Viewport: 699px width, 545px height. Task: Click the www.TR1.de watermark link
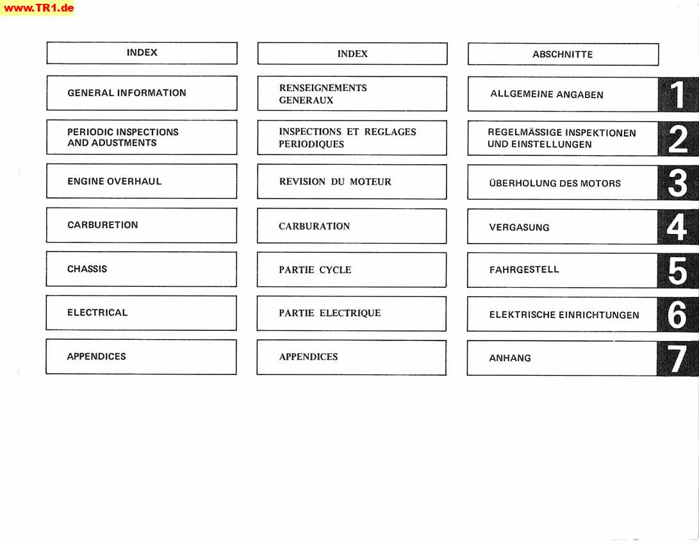(x=37, y=8)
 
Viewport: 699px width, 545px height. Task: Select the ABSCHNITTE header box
(x=563, y=55)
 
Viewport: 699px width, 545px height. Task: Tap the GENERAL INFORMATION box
(x=142, y=93)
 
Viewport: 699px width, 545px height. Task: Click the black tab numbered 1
(x=678, y=94)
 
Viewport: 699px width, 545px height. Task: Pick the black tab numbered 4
(x=677, y=227)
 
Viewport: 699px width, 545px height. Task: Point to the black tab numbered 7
(x=677, y=358)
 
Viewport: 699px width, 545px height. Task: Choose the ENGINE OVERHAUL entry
(x=115, y=181)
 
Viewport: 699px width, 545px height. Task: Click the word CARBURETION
(x=103, y=225)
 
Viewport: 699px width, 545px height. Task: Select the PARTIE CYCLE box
(x=352, y=270)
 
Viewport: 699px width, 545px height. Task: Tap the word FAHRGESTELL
(x=524, y=269)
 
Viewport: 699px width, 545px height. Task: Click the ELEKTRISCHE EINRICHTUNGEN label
(x=564, y=315)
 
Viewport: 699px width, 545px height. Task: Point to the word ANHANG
(x=510, y=358)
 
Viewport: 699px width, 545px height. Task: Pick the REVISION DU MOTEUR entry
(x=335, y=181)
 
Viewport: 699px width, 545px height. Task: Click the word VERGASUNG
(x=520, y=228)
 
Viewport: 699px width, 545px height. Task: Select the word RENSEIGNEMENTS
(x=323, y=88)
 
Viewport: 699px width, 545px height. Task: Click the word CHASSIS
(x=87, y=269)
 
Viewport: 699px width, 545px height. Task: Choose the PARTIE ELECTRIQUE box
(x=351, y=314)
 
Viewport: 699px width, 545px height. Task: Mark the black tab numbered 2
(x=678, y=138)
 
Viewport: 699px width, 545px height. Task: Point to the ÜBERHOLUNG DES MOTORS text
(x=555, y=183)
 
